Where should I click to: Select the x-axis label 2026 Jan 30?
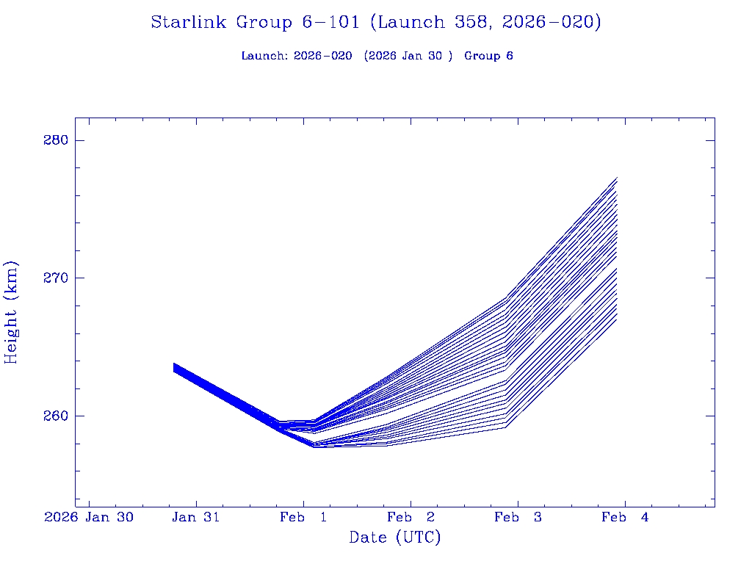(89, 517)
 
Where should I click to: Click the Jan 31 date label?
(196, 517)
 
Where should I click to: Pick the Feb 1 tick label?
(303, 517)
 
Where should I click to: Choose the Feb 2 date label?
(411, 517)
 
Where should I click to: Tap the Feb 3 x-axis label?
(518, 517)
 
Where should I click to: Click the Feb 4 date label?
(625, 517)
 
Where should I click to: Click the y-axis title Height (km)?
(11, 312)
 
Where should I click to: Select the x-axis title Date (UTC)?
(395, 538)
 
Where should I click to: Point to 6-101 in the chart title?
(330, 23)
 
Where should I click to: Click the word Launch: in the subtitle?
(264, 56)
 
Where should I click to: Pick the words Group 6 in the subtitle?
(488, 56)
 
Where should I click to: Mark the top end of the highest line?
(617, 178)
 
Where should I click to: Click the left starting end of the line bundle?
(174, 367)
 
